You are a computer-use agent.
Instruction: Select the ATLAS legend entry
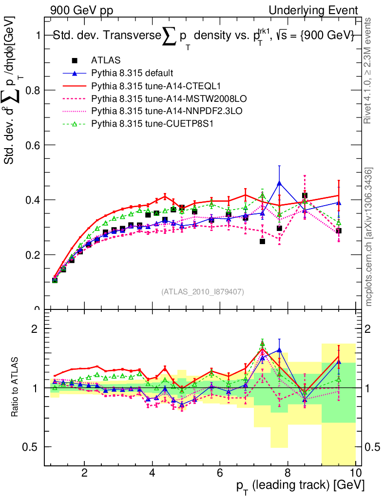pyautogui.click(x=105, y=60)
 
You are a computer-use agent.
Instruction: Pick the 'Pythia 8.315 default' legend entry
pyautogui.click(x=132, y=73)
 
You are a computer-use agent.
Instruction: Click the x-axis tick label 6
pyautogui.click(x=220, y=473)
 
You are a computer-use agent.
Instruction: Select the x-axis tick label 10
pyautogui.click(x=355, y=473)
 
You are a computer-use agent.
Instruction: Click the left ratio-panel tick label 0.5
pyautogui.click(x=34, y=447)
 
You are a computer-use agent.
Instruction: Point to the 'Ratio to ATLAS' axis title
pyautogui.click(x=16, y=387)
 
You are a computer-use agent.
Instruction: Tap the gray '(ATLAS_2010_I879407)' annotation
pyautogui.click(x=203, y=291)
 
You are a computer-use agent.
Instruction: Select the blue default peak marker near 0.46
pyautogui.click(x=279, y=183)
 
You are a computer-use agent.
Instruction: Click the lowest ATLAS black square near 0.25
pyautogui.click(x=263, y=241)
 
